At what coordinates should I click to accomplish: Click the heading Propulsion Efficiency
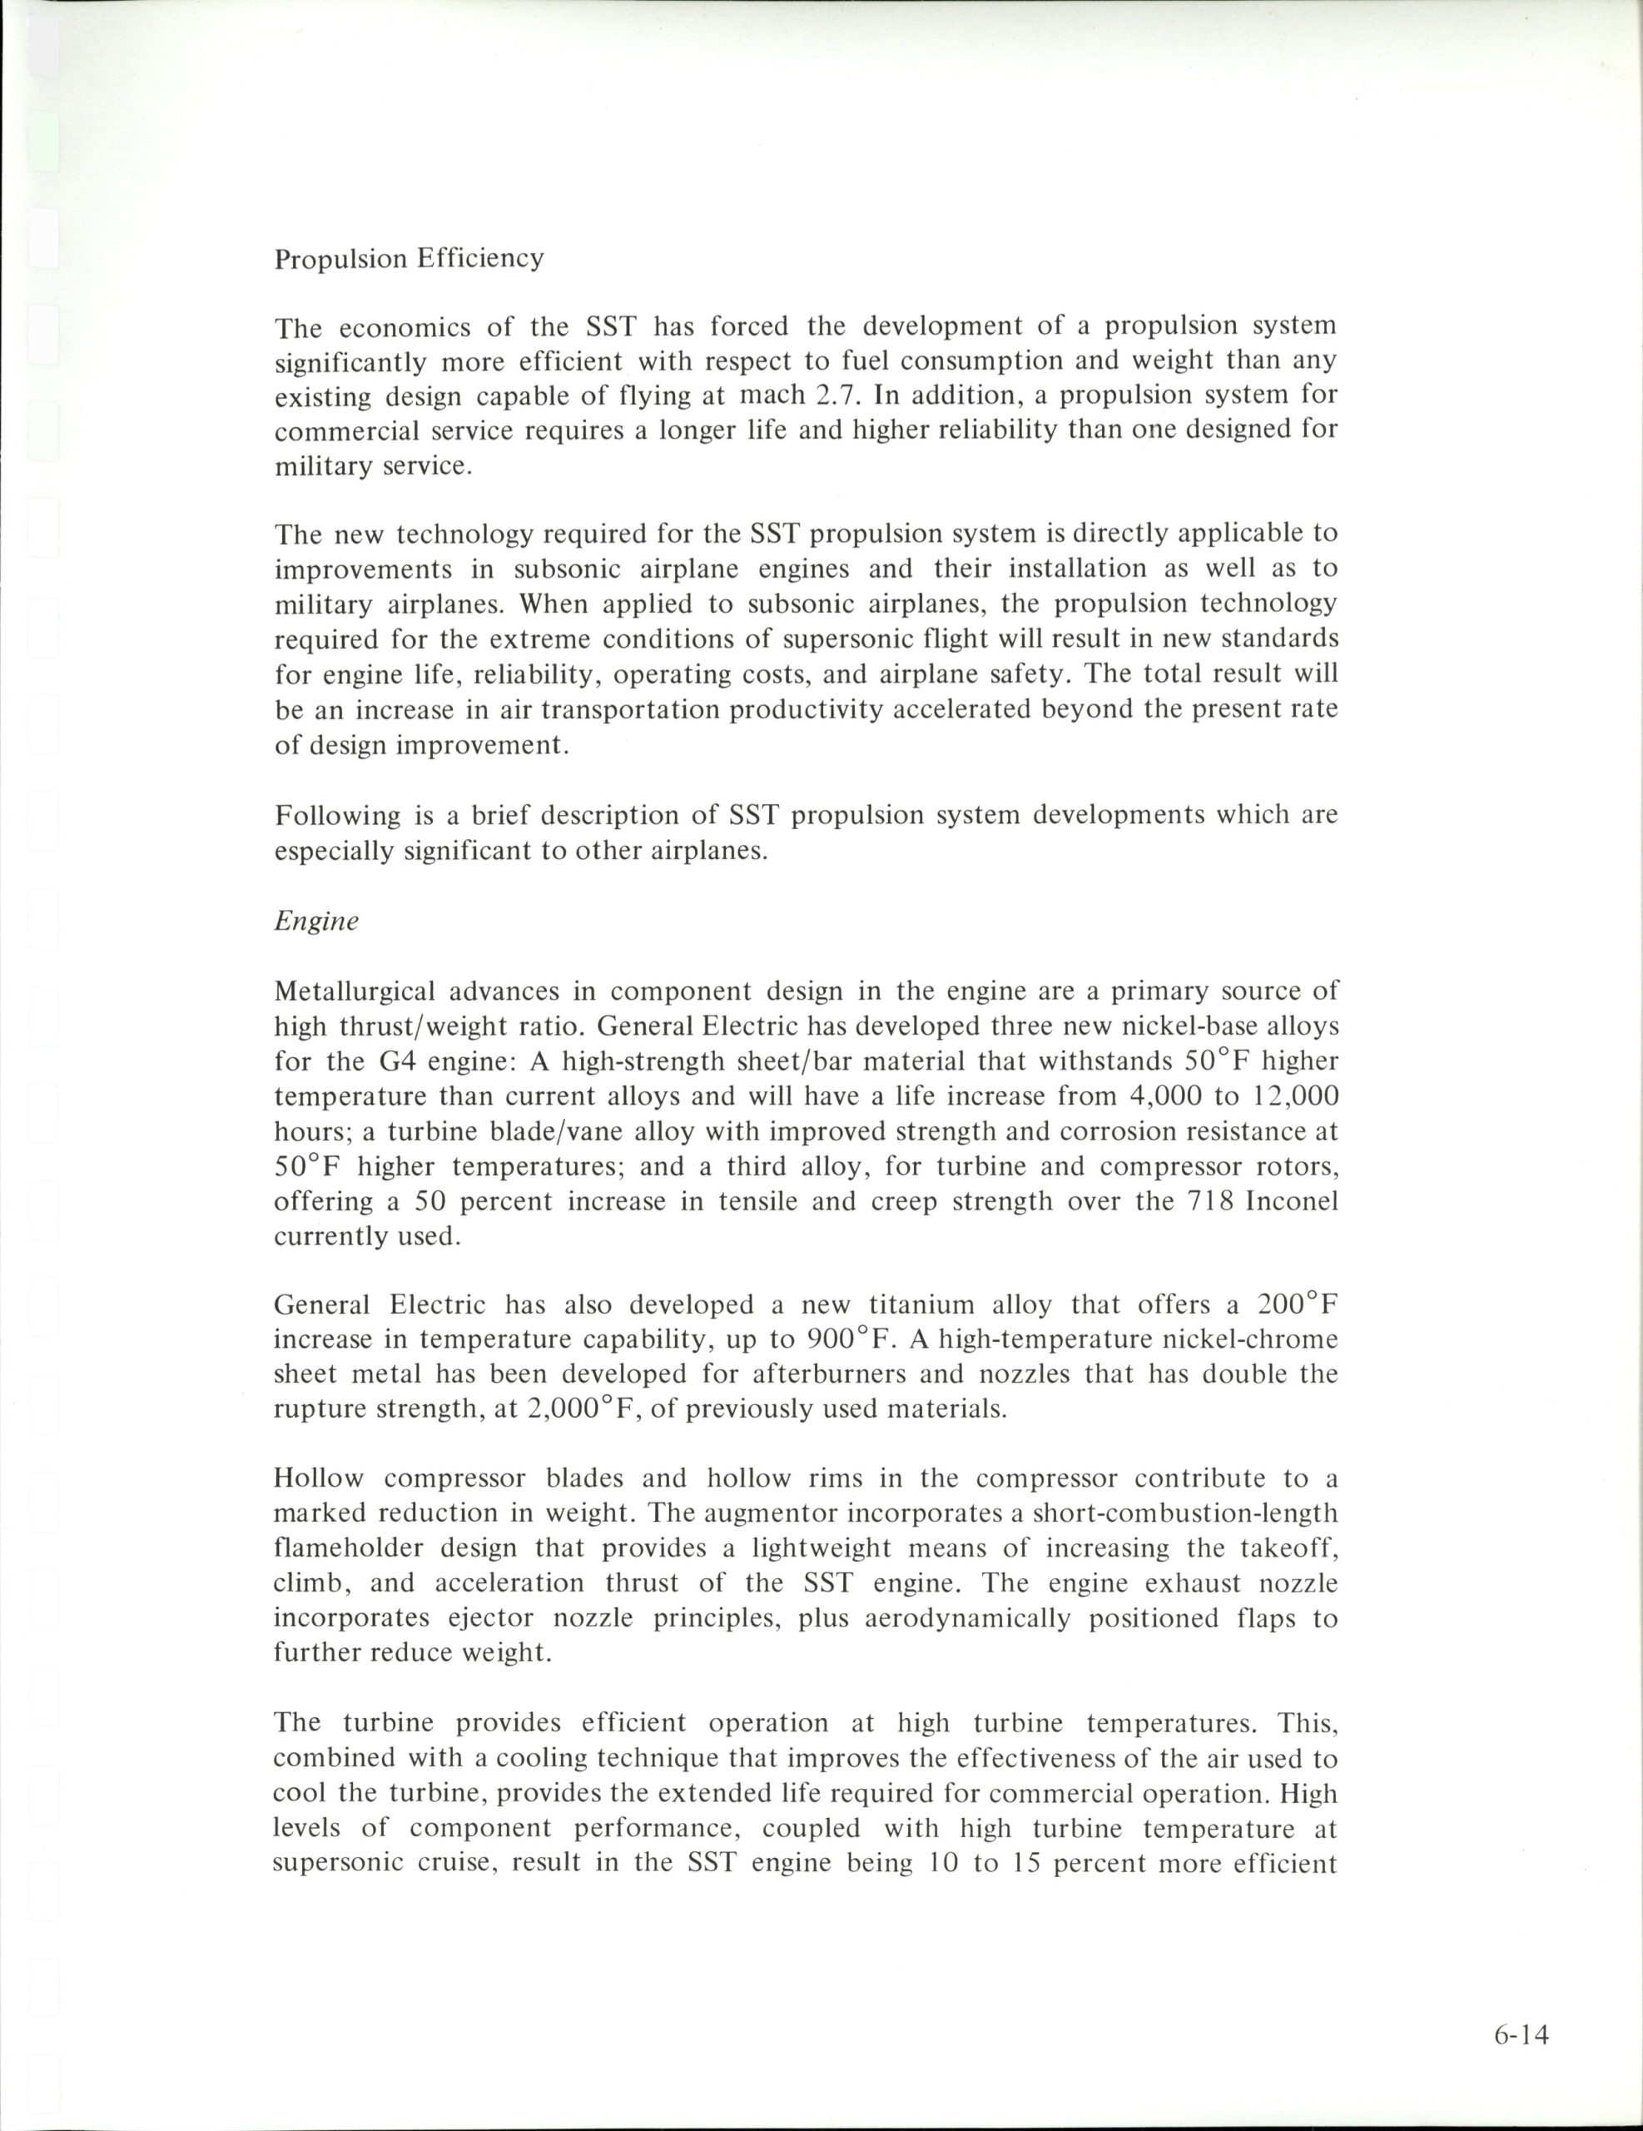(x=409, y=260)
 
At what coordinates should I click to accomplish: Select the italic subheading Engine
(x=316, y=921)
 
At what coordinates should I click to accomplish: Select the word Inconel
(x=1293, y=1201)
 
